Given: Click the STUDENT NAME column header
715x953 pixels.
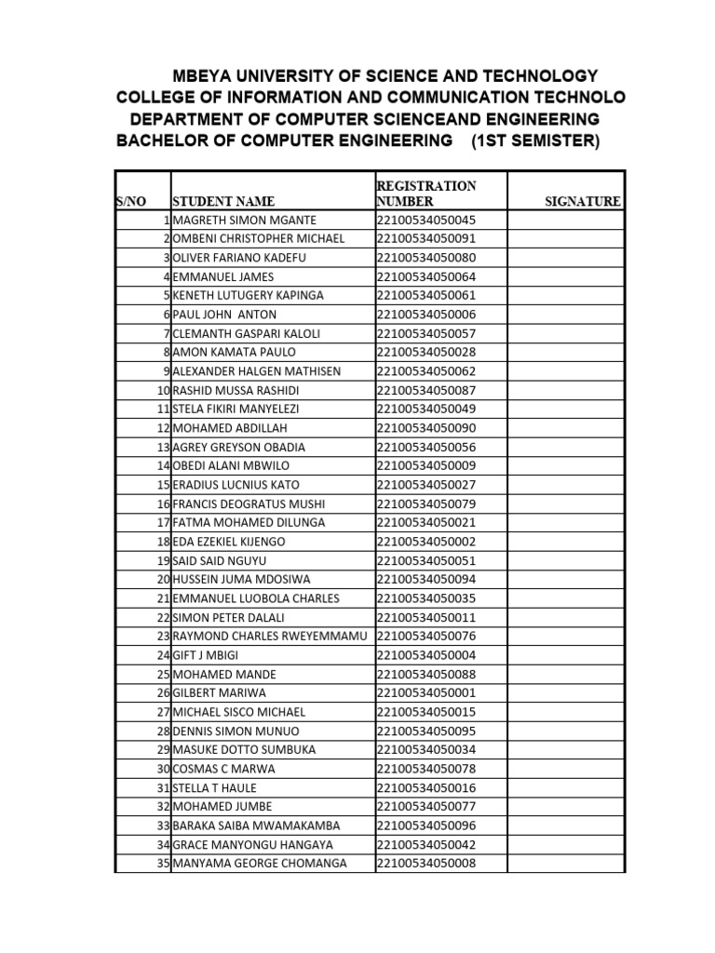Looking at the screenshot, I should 223,201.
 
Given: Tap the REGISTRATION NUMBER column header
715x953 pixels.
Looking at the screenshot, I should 425,193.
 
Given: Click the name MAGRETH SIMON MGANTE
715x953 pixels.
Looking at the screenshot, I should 245,220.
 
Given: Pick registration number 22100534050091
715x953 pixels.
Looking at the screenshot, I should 426,238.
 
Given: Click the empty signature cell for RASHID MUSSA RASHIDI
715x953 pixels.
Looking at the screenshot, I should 565,390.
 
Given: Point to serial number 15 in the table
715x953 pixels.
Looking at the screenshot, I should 164,485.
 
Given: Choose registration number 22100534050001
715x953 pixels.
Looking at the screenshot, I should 426,693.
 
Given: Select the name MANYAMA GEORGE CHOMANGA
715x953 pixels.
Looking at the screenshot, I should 260,864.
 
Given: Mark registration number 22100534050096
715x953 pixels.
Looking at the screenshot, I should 426,825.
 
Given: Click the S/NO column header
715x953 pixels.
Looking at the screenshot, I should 131,201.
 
